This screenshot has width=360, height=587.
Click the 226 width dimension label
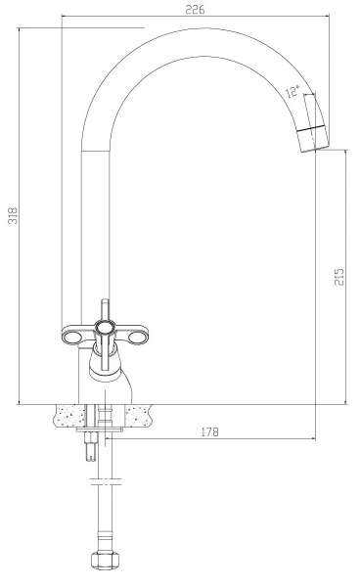196,9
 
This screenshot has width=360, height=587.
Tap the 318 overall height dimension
13,215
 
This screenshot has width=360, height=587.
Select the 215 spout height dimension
339,277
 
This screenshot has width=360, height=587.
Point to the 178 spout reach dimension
209,431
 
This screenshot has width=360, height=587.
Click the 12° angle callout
293,91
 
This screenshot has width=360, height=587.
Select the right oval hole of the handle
136,339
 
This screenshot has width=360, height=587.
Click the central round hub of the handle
104,329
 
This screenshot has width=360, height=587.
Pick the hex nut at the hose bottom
106,561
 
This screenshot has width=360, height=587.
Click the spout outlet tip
315,145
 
